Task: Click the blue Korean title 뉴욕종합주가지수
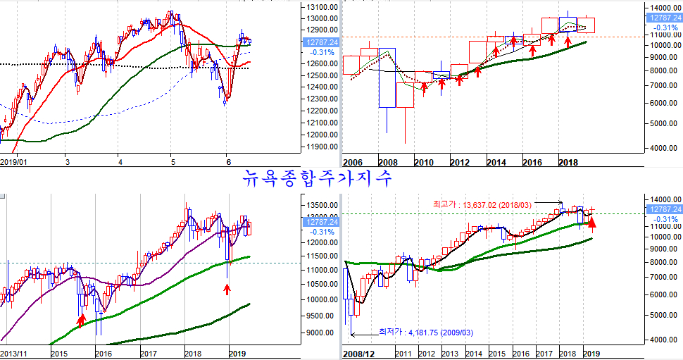point(318,178)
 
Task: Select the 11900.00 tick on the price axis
point(319,146)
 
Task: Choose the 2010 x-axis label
point(423,163)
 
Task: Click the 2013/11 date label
point(15,353)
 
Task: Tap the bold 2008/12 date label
point(360,353)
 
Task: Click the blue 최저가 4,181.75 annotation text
point(427,331)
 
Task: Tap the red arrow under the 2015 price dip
point(81,321)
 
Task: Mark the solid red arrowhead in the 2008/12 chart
point(593,224)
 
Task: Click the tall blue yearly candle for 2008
point(387,77)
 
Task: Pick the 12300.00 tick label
point(319,99)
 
